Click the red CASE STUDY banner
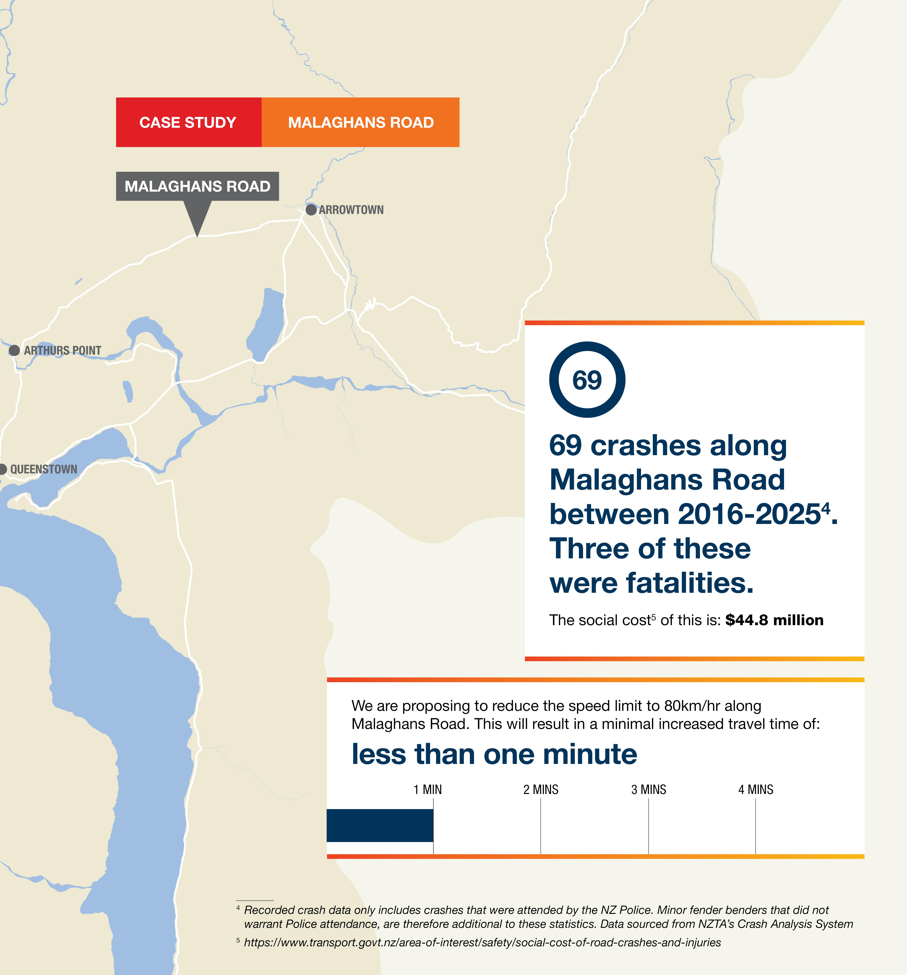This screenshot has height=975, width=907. [188, 122]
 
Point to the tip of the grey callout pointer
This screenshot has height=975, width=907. [197, 236]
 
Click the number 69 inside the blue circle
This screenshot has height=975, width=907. [587, 380]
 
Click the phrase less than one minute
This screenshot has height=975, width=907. [494, 754]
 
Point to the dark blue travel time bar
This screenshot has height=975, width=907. [380, 825]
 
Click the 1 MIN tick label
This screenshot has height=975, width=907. [427, 790]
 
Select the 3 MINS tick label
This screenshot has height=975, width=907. [649, 790]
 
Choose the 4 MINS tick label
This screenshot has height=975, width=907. [756, 790]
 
